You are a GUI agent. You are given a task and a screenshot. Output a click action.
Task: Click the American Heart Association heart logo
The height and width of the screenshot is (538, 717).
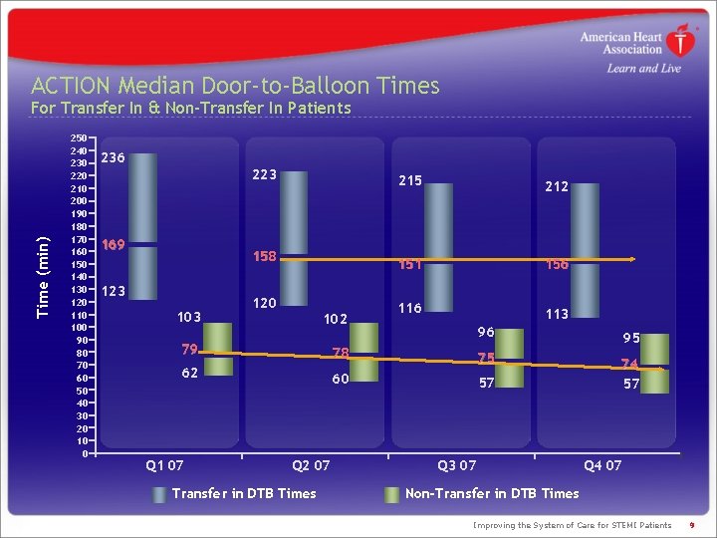(x=680, y=42)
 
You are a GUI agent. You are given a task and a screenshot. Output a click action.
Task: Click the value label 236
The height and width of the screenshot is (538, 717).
(x=114, y=157)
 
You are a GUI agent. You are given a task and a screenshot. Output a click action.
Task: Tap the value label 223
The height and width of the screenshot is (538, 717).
(x=264, y=175)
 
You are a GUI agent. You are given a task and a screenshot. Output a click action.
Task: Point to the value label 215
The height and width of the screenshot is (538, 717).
(x=410, y=180)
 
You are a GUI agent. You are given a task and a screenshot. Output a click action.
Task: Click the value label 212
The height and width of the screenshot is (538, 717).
(x=557, y=185)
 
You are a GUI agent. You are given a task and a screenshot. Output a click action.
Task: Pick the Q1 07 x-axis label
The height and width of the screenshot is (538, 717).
(x=164, y=465)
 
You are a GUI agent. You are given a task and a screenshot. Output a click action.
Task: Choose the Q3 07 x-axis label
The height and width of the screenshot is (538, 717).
(x=457, y=465)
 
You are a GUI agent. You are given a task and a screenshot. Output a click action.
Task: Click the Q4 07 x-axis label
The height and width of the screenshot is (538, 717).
(x=602, y=465)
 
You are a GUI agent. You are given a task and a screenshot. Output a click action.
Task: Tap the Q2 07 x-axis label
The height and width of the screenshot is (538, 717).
(x=311, y=465)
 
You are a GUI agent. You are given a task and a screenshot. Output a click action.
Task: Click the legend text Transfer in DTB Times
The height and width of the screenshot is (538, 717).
(x=244, y=493)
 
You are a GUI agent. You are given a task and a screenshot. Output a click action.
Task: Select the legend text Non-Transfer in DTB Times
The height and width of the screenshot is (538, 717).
(x=492, y=493)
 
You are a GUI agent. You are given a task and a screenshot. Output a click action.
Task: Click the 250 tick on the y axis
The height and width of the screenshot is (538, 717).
(x=78, y=137)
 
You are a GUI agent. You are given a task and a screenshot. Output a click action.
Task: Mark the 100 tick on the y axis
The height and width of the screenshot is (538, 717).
(x=78, y=327)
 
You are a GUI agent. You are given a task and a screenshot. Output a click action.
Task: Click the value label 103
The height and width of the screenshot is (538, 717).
(x=189, y=317)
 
